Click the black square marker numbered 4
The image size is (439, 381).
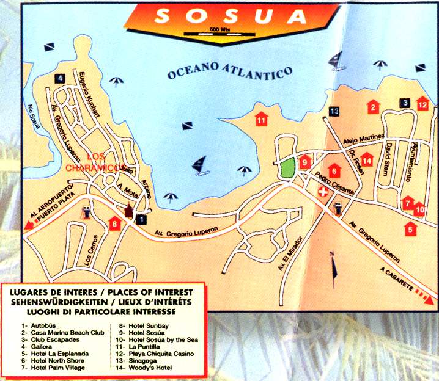pyautogui.click(x=59, y=78)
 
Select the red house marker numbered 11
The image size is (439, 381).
pyautogui.click(x=261, y=118)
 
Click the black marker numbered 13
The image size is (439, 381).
pyautogui.click(x=333, y=111)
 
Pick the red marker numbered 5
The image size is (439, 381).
pyautogui.click(x=410, y=229)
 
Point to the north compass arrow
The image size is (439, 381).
pyautogui.click(x=333, y=265)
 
